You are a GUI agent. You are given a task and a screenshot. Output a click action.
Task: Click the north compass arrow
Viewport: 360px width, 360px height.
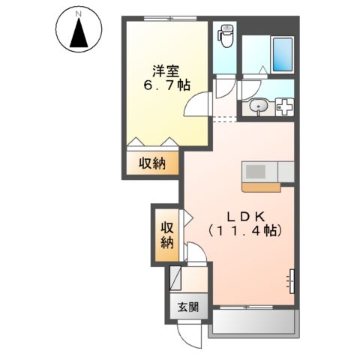point(76,31)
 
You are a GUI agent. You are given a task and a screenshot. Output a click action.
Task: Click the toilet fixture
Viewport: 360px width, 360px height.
point(225,34)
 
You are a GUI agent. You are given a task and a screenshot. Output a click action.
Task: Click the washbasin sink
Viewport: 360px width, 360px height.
point(259,108)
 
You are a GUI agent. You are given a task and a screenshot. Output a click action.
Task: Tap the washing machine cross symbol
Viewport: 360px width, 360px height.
point(283,108)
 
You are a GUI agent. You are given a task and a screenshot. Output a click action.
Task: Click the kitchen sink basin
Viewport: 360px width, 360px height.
point(256,172)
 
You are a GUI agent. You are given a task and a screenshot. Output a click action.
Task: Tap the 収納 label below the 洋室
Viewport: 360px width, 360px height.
point(151,163)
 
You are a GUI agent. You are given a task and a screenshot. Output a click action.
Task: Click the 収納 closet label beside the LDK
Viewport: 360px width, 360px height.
point(166,235)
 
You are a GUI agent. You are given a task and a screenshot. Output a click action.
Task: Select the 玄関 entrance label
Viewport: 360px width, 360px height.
point(188,306)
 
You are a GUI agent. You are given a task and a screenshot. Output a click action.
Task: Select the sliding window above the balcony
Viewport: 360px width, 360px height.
point(252,307)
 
